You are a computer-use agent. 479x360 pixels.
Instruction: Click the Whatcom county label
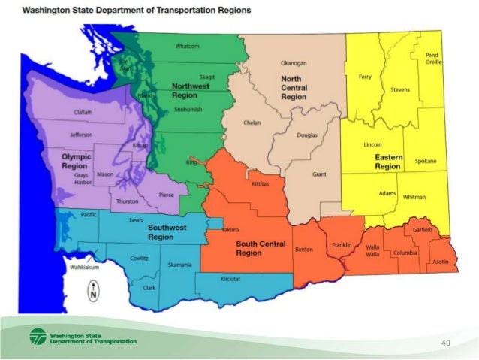coord(187,47)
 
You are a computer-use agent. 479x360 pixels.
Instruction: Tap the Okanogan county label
coord(293,64)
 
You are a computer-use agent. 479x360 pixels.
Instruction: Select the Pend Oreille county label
coord(432,59)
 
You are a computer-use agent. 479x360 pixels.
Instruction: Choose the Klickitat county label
coord(230,279)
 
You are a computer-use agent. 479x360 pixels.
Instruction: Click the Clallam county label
coord(83,112)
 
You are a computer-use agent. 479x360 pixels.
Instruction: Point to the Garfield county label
coord(423,230)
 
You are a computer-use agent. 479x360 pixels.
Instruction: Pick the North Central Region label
coord(294,88)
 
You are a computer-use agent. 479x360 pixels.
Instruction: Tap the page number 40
coord(445,343)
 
